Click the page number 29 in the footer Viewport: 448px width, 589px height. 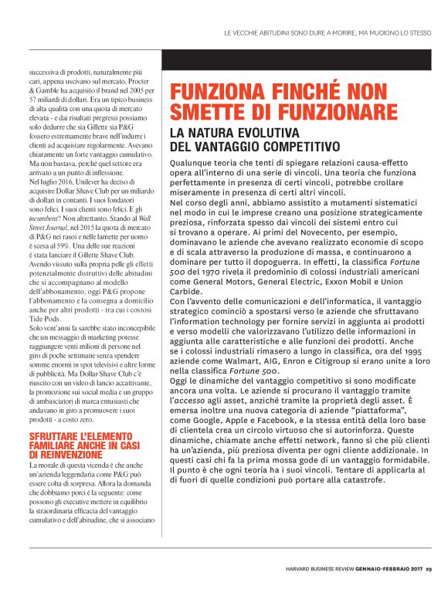[429, 572]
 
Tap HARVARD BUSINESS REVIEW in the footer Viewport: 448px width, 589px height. [317, 572]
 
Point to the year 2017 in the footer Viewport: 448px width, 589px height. [412, 572]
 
